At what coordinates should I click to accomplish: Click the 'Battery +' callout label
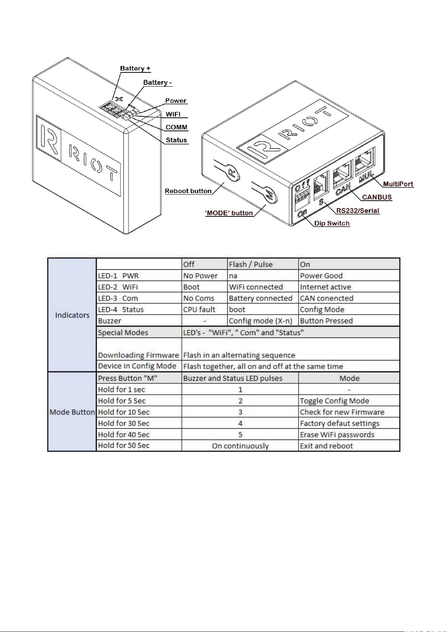[135, 68]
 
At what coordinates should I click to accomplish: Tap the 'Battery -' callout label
[157, 83]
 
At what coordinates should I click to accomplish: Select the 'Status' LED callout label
[176, 140]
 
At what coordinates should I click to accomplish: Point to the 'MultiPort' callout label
[398, 184]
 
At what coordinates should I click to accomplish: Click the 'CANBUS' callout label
[377, 197]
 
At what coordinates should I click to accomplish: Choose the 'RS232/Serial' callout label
[357, 211]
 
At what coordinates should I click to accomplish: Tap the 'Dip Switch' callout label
[332, 224]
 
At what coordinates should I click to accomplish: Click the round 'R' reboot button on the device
[232, 173]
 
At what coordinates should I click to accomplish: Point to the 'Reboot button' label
[188, 191]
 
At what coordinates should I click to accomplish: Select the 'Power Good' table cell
[321, 276]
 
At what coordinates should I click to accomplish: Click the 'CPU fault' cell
[199, 309]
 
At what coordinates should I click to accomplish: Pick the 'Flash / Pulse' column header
[250, 264]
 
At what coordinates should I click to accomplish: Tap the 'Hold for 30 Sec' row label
[124, 423]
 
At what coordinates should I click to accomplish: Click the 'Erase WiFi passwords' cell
[337, 435]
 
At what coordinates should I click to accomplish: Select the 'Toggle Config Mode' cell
[334, 401]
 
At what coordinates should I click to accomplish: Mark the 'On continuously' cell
[240, 446]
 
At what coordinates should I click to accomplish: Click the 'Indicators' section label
[72, 315]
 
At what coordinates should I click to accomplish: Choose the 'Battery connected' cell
[260, 298]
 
